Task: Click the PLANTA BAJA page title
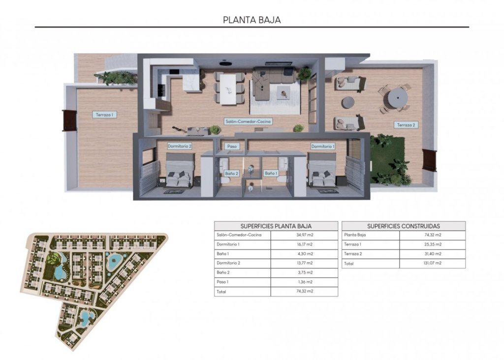(x=252, y=20)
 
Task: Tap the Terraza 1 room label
(x=104, y=115)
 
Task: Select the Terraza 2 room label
(x=406, y=125)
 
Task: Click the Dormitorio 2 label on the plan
(x=179, y=146)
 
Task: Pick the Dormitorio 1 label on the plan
(x=322, y=146)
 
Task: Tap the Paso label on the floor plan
(x=231, y=146)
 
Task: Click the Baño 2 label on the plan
(x=231, y=173)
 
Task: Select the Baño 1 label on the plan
(x=271, y=173)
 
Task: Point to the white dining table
(x=229, y=89)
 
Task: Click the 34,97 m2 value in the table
(x=304, y=235)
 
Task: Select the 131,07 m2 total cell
(x=432, y=263)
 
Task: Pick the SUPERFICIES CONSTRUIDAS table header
(x=403, y=226)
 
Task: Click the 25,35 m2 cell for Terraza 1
(x=432, y=244)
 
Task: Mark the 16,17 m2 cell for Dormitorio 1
(x=304, y=244)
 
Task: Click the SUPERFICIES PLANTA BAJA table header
(x=276, y=226)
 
